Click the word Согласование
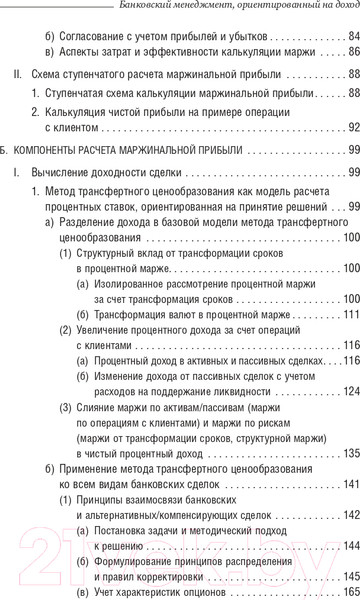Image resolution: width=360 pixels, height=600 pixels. point(93,36)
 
